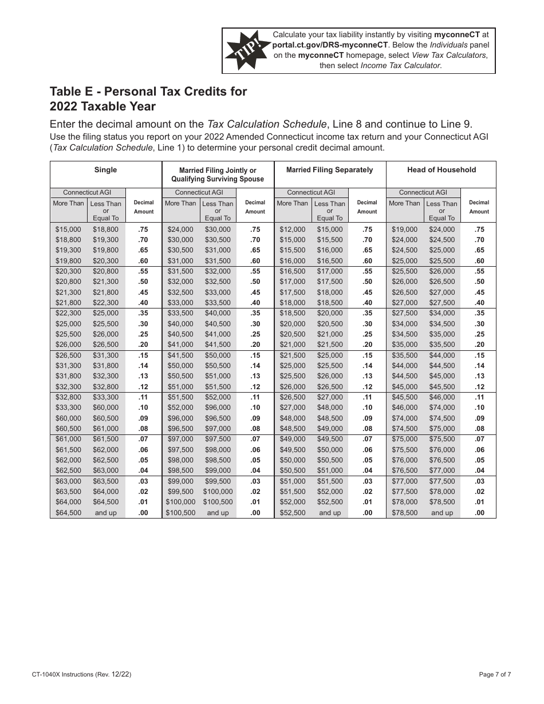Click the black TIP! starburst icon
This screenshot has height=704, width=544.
[247, 50]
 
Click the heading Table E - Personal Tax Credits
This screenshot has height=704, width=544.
[148, 92]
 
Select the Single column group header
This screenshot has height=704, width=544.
[105, 170]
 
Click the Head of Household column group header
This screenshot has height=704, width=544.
[441, 170]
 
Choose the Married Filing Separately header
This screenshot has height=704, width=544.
[329, 170]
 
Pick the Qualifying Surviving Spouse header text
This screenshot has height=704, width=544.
[218, 179]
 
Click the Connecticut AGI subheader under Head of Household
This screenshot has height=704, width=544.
[423, 192]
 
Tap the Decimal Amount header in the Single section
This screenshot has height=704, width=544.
[144, 207]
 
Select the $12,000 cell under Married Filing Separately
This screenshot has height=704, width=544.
[291, 229]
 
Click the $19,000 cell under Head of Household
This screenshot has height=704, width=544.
[404, 229]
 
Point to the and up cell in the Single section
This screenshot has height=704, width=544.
[105, 513]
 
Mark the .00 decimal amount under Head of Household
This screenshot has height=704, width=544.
[479, 513]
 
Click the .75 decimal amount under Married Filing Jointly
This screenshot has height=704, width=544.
[255, 229]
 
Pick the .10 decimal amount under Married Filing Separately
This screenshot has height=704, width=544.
[367, 408]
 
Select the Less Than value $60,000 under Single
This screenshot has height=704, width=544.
[105, 408]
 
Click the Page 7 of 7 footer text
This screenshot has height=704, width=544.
[495, 674]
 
